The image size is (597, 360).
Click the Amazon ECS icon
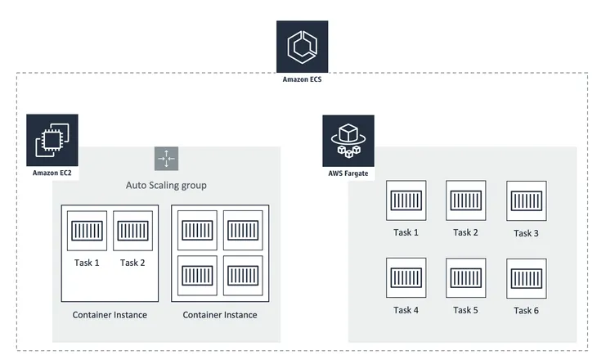(302, 47)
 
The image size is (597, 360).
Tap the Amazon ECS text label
(302, 79)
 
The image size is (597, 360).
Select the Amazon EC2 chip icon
(52, 140)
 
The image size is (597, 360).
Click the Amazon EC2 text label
(52, 173)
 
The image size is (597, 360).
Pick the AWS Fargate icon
(348, 141)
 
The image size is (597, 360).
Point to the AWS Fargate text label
(348, 173)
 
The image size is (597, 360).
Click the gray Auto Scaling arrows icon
(166, 159)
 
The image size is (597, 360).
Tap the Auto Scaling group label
(166, 185)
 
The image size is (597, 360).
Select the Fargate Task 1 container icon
(406, 200)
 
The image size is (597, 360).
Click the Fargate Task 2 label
(465, 232)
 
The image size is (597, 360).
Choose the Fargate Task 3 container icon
(526, 200)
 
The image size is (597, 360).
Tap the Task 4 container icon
(406, 277)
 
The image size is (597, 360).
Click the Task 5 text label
(465, 310)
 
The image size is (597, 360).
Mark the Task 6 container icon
(526, 278)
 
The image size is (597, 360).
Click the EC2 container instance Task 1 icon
(87, 231)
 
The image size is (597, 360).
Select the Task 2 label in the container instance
(132, 263)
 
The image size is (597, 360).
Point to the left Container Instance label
(110, 315)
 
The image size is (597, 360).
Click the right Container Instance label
(220, 315)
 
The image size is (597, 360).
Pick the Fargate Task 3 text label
(526, 233)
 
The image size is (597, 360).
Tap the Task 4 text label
(406, 310)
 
